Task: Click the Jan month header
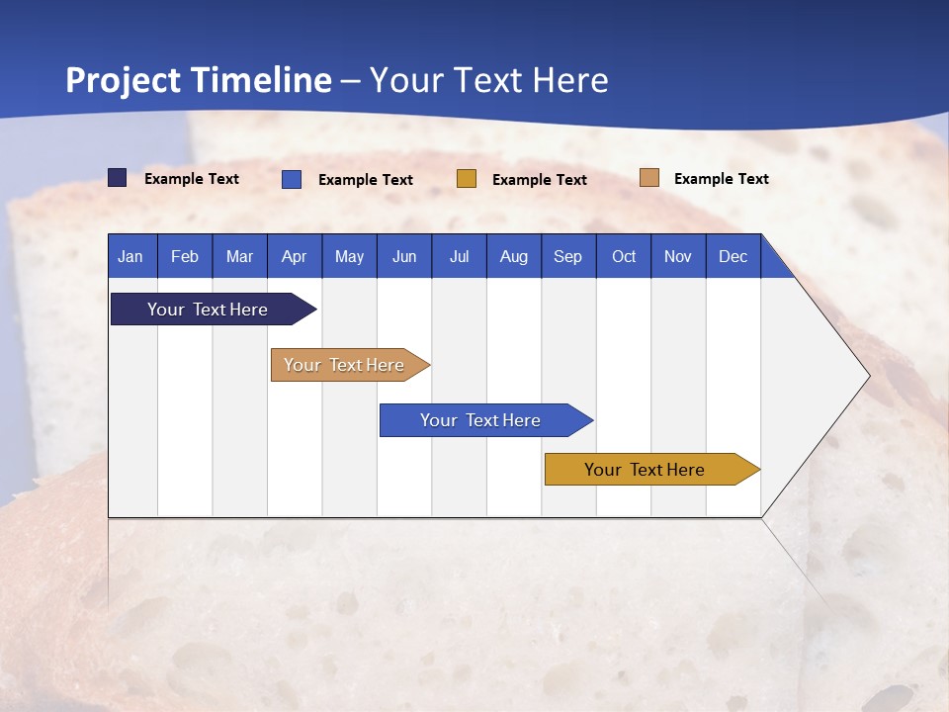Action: [131, 256]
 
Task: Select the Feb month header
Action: [185, 256]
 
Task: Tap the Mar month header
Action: [239, 256]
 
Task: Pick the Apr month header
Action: [295, 256]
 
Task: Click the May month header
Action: [349, 256]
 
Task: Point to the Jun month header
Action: [404, 256]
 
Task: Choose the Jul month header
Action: [459, 256]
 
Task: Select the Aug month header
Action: [514, 256]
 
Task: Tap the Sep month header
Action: [568, 256]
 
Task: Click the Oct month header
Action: [624, 256]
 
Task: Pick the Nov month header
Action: [678, 256]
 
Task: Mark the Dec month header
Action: [733, 256]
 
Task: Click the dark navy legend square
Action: [118, 178]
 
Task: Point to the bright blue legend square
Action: [292, 179]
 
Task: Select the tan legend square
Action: [649, 178]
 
